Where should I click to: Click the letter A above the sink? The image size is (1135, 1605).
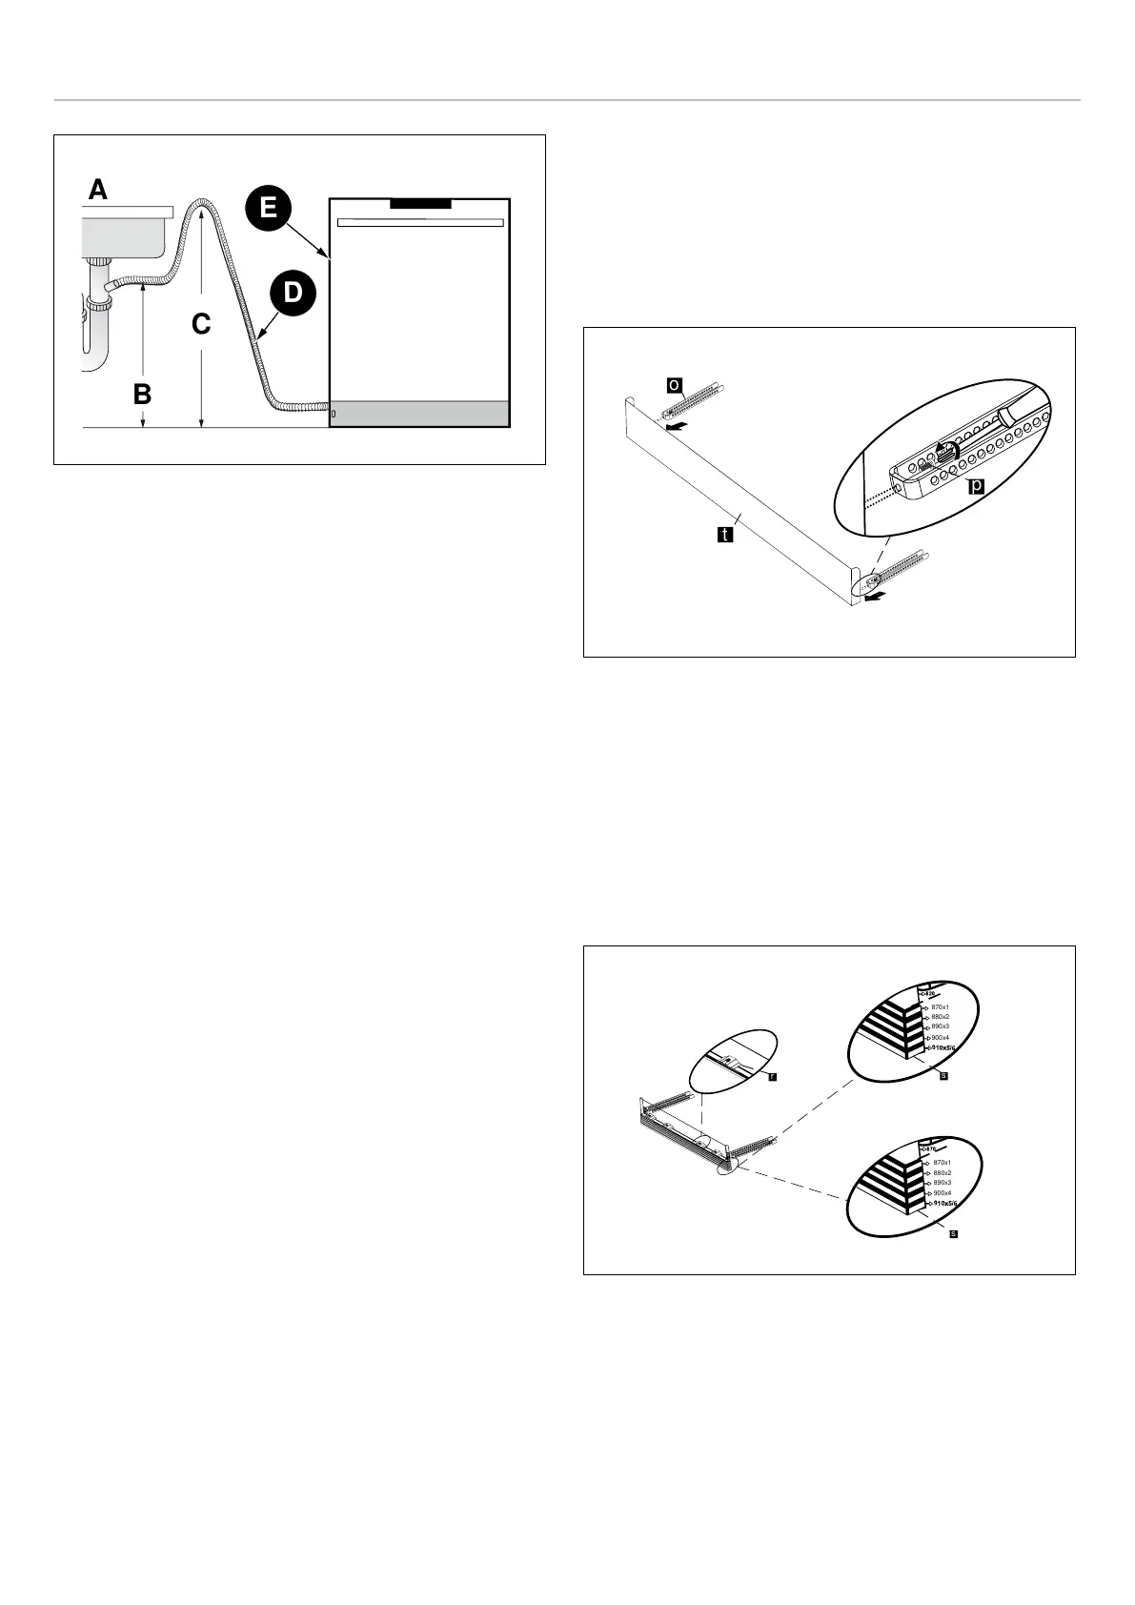[x=98, y=191]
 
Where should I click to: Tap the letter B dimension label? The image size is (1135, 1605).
[x=142, y=393]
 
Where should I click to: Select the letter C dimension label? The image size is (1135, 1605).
[x=200, y=325]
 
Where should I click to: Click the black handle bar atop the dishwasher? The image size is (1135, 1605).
[x=420, y=203]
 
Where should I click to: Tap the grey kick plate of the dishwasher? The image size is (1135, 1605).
[x=419, y=414]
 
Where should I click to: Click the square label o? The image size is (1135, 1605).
[x=673, y=384]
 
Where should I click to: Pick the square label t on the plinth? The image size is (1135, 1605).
[x=724, y=535]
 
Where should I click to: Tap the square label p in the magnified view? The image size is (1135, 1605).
[x=976, y=487]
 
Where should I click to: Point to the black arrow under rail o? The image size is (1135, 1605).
[x=675, y=429]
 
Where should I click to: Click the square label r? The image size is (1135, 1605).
[x=772, y=1076]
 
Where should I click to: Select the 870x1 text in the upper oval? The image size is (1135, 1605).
[x=940, y=1006]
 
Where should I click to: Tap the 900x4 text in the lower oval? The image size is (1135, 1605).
[x=942, y=1193]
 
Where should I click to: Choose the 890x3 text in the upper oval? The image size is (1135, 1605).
[x=940, y=1026]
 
